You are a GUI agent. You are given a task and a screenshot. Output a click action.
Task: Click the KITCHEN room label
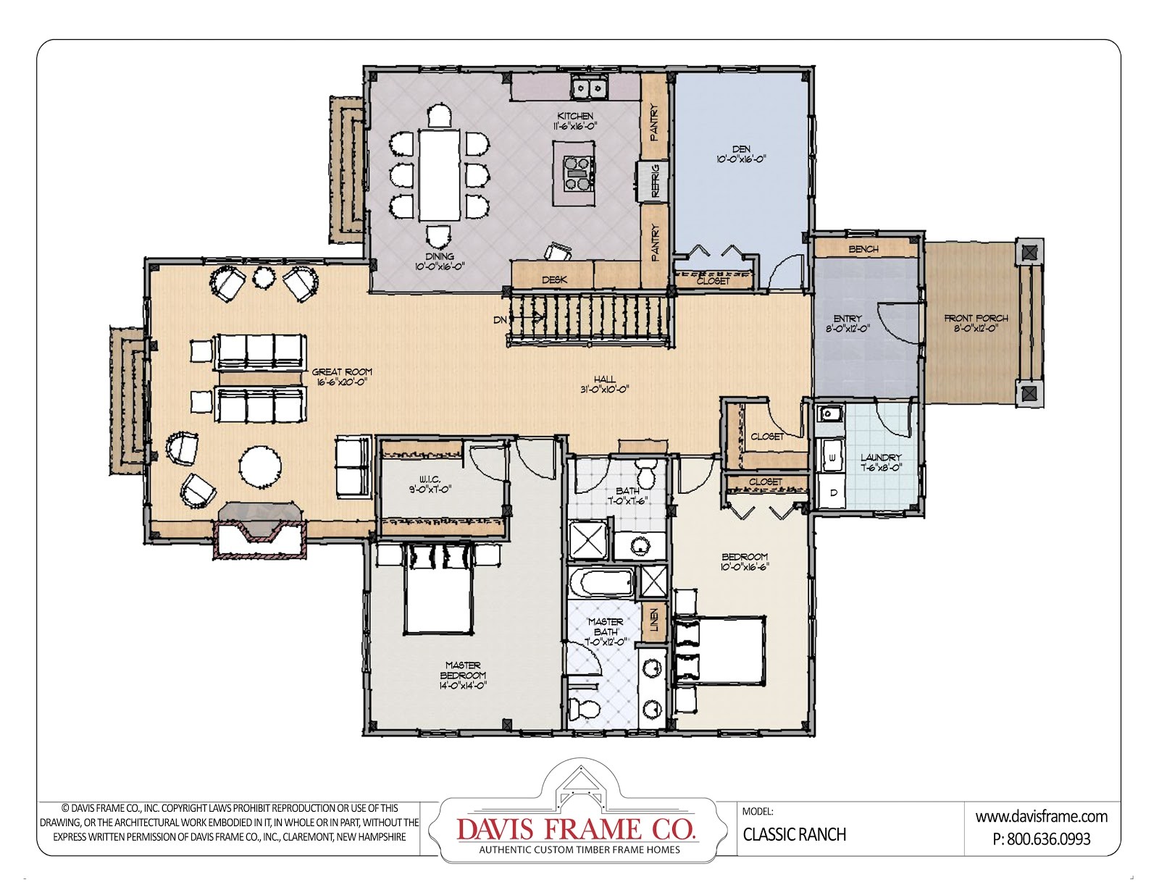574,116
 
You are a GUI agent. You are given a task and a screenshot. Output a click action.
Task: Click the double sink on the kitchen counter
589,88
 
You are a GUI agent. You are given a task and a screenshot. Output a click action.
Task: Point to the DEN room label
741,149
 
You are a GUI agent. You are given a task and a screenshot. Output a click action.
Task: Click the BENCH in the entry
863,248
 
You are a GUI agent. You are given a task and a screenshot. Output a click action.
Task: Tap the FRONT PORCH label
976,318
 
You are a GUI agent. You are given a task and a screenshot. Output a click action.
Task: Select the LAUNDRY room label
881,458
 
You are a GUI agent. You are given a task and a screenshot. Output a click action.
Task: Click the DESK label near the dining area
554,280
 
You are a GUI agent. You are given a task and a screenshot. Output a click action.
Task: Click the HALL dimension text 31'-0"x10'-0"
604,389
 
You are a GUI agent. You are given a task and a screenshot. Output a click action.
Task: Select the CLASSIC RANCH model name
794,834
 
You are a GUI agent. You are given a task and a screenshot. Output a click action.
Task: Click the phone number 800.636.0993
1049,839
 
